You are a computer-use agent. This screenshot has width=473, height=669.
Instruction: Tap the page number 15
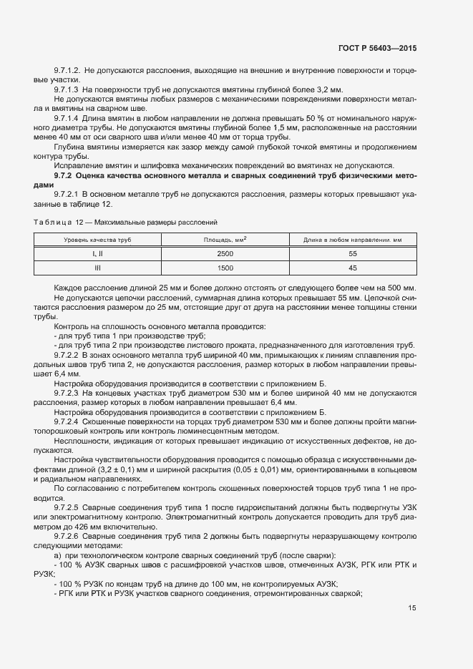click(x=412, y=608)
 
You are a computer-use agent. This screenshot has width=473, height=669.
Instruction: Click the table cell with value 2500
click(x=225, y=254)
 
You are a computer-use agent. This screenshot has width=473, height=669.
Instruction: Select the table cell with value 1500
click(x=225, y=268)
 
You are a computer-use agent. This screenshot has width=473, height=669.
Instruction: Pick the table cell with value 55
click(x=353, y=254)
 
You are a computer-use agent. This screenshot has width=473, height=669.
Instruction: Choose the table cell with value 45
click(x=353, y=268)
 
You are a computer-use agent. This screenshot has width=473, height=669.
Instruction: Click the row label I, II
click(x=98, y=254)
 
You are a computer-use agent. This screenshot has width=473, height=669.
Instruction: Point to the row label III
click(x=98, y=268)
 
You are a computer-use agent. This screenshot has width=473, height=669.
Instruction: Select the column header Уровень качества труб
click(x=98, y=239)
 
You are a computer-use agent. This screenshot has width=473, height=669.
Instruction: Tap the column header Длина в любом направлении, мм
click(x=353, y=239)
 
